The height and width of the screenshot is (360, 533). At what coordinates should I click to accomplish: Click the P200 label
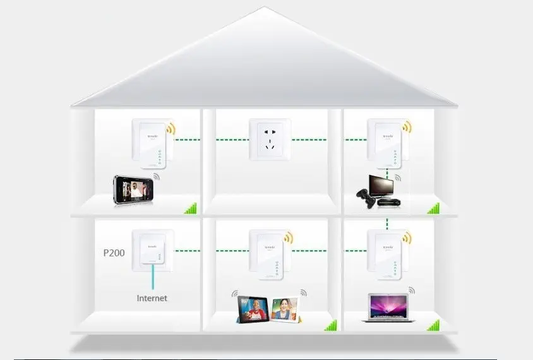[x=114, y=253]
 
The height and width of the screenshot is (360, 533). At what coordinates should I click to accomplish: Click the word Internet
[x=152, y=297]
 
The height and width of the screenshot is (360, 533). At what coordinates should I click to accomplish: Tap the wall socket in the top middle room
[x=271, y=141]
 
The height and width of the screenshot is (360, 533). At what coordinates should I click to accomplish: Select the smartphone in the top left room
[x=133, y=189]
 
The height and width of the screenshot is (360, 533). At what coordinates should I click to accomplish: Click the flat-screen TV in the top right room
[x=384, y=187]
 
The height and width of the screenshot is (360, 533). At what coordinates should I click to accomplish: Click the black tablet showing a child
[x=253, y=308]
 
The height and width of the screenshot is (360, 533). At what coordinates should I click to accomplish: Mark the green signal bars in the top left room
[x=190, y=208]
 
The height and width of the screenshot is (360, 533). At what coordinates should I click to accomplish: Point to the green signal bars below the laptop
[x=433, y=325]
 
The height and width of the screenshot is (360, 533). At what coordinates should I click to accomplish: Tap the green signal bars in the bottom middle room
[x=330, y=325]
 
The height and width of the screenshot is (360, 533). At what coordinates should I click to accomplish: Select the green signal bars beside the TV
[x=433, y=208]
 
